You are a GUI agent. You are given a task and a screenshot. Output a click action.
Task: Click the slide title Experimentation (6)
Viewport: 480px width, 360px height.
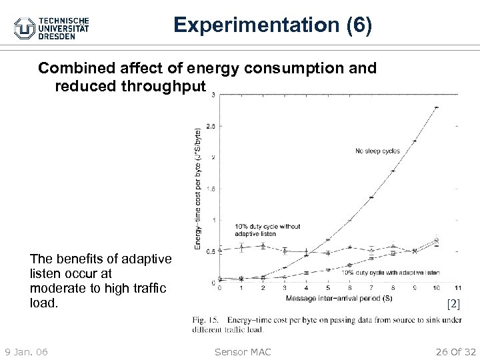pyautogui.click(x=273, y=25)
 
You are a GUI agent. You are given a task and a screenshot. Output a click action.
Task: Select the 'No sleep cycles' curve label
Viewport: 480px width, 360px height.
pyautogui.click(x=377, y=151)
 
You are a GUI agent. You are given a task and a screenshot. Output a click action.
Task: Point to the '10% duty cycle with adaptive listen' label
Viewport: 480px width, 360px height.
pyautogui.click(x=391, y=272)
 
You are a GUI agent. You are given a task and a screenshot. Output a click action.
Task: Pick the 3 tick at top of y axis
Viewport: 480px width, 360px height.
pyautogui.click(x=212, y=95)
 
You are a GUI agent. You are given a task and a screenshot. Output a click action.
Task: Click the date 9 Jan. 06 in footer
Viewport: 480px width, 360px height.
pyautogui.click(x=25, y=351)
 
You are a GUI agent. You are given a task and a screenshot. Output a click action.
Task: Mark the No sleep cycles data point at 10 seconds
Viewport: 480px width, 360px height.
pyautogui.click(x=436, y=107)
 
